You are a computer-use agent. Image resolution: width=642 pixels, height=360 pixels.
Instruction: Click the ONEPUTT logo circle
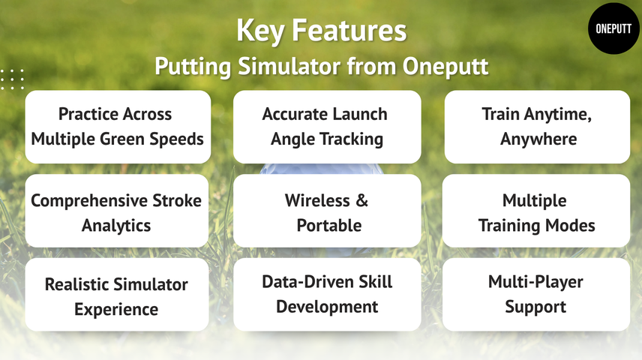[x=613, y=28]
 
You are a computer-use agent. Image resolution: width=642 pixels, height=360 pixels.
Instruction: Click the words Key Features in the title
[x=321, y=31]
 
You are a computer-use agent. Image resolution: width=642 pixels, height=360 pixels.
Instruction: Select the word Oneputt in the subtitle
[x=445, y=66]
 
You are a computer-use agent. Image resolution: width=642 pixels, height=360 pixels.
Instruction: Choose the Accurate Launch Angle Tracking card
[x=326, y=127]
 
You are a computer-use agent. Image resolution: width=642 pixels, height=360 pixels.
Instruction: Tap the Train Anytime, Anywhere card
[x=537, y=127]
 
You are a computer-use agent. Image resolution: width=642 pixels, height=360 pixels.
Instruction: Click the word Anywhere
[x=538, y=139]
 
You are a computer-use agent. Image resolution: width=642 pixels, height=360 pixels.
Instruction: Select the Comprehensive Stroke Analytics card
[x=116, y=211]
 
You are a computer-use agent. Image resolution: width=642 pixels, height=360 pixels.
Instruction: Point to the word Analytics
[x=116, y=225]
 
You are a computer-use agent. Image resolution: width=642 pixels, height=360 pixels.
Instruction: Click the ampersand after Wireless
[x=361, y=201]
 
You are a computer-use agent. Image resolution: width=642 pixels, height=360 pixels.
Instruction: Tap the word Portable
[x=328, y=225]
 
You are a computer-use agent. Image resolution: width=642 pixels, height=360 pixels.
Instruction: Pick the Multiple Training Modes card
[x=535, y=211]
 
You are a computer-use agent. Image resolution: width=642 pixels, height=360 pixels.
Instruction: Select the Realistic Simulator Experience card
[x=116, y=295]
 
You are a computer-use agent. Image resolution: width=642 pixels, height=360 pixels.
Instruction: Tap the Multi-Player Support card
[x=535, y=295]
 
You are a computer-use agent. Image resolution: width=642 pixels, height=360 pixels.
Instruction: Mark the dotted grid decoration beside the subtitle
[x=12, y=79]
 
